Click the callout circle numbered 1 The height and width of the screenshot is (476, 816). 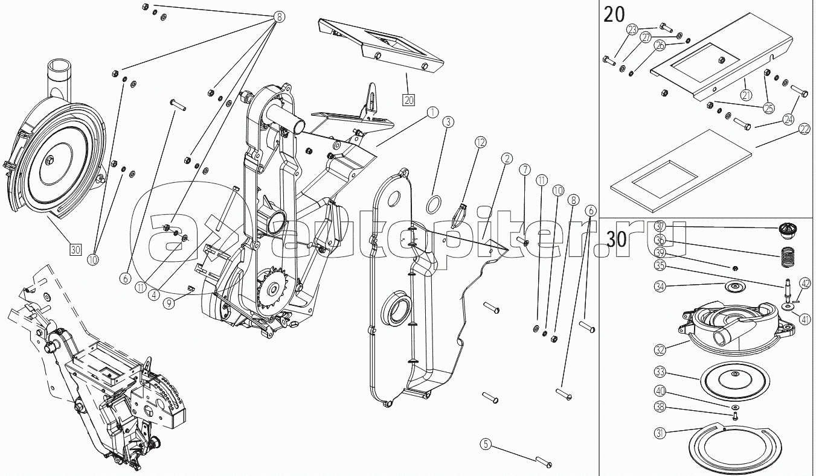[x=432, y=112]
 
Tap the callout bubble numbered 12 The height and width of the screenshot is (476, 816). [x=480, y=143]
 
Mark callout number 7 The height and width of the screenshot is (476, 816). [x=523, y=170]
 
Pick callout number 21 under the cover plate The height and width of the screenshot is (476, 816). [x=746, y=95]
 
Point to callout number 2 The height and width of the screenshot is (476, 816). [x=506, y=159]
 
